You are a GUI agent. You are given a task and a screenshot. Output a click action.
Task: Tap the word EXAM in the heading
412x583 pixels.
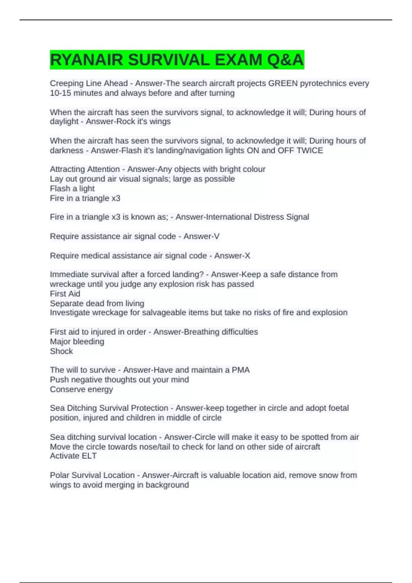click(x=238, y=60)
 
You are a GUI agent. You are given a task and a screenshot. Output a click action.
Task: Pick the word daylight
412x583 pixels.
click(x=64, y=121)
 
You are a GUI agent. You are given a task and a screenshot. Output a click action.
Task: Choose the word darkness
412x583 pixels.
click(x=67, y=150)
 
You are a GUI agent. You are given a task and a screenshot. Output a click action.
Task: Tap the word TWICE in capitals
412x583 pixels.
click(x=310, y=150)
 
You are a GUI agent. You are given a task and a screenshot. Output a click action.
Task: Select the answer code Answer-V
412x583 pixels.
click(x=201, y=236)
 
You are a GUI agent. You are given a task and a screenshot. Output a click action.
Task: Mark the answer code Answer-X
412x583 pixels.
click(x=232, y=255)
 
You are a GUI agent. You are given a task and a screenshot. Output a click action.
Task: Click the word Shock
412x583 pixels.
click(x=61, y=351)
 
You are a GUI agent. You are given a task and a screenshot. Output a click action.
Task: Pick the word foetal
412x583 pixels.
click(x=338, y=408)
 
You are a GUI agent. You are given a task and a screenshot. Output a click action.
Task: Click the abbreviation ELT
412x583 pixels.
click(x=89, y=456)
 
